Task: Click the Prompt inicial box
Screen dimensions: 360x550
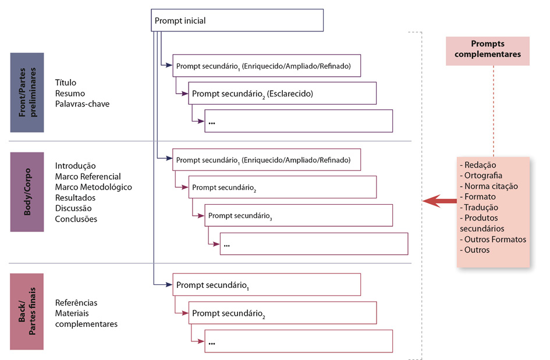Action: tap(237, 21)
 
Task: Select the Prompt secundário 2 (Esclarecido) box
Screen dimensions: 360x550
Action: tap(282, 93)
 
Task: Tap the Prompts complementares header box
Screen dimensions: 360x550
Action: tap(487, 50)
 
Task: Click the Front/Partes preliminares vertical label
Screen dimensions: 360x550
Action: tap(27, 92)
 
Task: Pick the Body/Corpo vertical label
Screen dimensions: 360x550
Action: tap(27, 192)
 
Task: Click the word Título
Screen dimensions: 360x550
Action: tap(66, 83)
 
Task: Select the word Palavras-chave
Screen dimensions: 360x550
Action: tap(82, 104)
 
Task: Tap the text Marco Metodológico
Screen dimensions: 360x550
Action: tap(93, 187)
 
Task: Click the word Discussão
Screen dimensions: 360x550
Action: tap(73, 208)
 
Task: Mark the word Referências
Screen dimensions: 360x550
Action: tap(76, 302)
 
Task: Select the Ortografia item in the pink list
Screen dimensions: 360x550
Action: tap(482, 176)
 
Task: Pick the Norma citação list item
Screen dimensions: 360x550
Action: tap(490, 186)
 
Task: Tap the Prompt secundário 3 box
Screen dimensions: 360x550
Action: tap(298, 215)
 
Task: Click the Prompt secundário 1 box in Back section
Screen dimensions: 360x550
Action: tap(267, 285)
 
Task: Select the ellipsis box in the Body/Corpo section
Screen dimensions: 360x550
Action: tap(314, 244)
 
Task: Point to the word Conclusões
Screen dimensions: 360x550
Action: tap(76, 219)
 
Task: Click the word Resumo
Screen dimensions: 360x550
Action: tap(70, 93)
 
